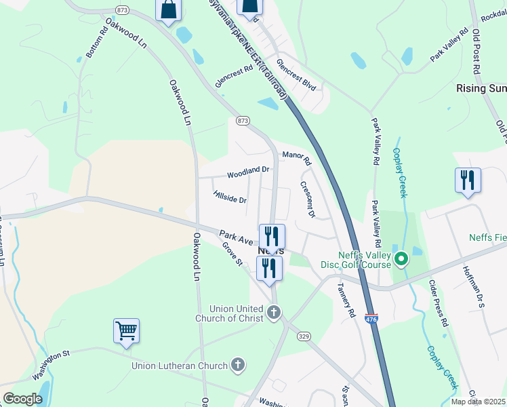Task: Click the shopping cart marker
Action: tap(126, 331)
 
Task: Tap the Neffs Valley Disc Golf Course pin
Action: tap(401, 258)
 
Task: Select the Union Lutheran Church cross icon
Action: tap(237, 366)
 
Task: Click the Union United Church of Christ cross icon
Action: tap(274, 313)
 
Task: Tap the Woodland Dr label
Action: tap(248, 174)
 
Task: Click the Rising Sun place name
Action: tap(481, 88)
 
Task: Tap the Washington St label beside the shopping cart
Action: tap(51, 364)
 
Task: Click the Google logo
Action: tap(22, 399)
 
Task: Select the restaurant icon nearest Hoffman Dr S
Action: tap(468, 180)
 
